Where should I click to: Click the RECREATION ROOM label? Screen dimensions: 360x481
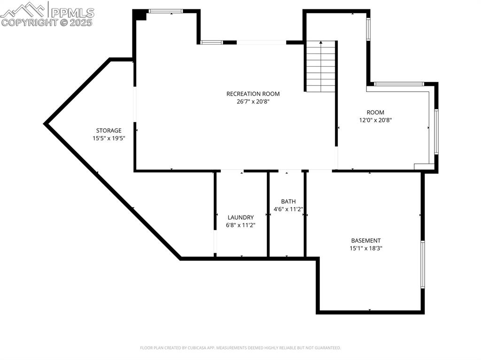tap(253, 94)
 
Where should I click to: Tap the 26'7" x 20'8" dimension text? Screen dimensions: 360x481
tap(253, 101)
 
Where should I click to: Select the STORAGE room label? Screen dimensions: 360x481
tap(109, 130)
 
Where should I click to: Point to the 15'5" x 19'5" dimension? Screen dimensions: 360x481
tap(109, 138)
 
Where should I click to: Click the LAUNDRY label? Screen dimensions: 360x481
tap(240, 217)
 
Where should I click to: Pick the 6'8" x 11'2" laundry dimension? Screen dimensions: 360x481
tap(240, 225)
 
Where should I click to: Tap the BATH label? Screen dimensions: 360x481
tap(288, 201)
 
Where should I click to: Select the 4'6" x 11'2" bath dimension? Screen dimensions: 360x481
tap(288, 209)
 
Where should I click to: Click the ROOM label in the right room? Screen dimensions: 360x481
tap(375, 112)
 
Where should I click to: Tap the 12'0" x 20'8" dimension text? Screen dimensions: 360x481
tap(375, 120)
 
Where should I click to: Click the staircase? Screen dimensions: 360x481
tap(321, 66)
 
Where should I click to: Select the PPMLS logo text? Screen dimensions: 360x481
tap(72, 12)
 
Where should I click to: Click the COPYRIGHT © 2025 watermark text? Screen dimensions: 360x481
tap(47, 22)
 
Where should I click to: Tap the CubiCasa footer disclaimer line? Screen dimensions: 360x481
tap(240, 348)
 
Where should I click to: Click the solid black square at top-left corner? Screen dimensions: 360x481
tap(140, 15)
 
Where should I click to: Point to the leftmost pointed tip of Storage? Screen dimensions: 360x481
tap(45, 124)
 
